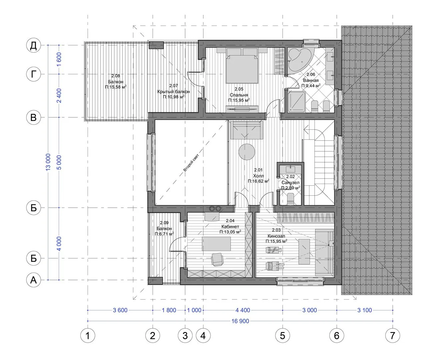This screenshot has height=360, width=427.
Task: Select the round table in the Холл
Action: (247, 152)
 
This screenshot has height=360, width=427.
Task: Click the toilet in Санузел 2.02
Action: (290, 199)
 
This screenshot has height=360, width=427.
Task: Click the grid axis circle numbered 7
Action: (392, 336)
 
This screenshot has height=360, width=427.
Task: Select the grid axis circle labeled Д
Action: (34, 45)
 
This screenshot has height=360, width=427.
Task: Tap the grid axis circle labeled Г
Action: (34, 74)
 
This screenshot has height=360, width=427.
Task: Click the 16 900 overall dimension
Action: (240, 321)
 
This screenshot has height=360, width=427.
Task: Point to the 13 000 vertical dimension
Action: (48, 162)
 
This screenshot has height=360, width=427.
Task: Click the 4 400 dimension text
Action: (243, 310)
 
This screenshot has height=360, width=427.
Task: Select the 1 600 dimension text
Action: (59, 59)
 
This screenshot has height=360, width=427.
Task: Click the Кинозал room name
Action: (276, 236)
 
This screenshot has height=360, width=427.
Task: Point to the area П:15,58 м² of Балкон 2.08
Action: (116, 87)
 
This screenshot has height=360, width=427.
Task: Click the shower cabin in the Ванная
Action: (296, 102)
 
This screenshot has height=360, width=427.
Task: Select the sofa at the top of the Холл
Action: (247, 130)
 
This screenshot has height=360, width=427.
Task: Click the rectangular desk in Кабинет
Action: (216, 244)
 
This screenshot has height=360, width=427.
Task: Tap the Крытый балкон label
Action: (174, 91)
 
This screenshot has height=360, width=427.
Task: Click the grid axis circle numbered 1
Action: (88, 336)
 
